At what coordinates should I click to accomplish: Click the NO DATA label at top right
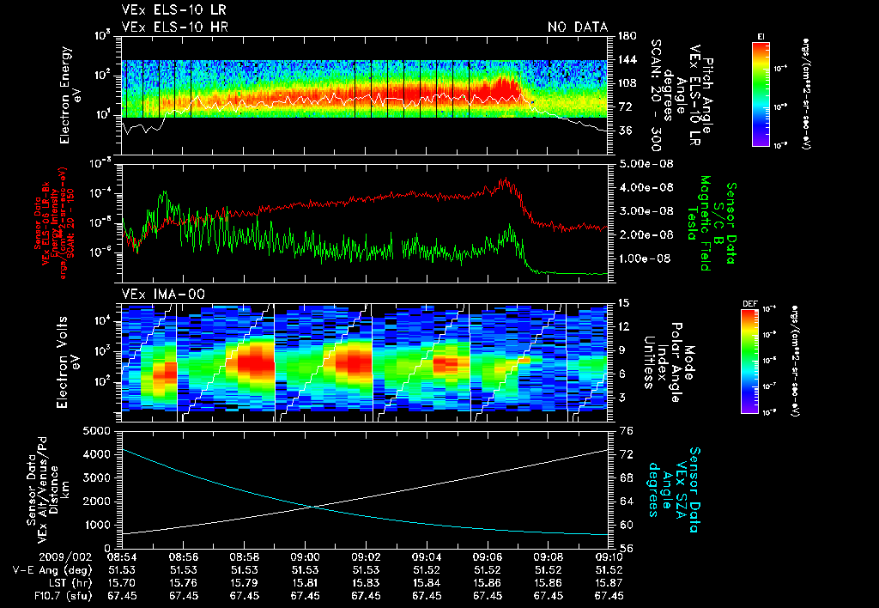[x=577, y=27]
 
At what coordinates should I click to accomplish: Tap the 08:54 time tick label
[x=123, y=556]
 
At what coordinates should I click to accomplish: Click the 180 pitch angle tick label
[x=626, y=36]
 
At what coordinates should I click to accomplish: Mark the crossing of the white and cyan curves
[x=312, y=506]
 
